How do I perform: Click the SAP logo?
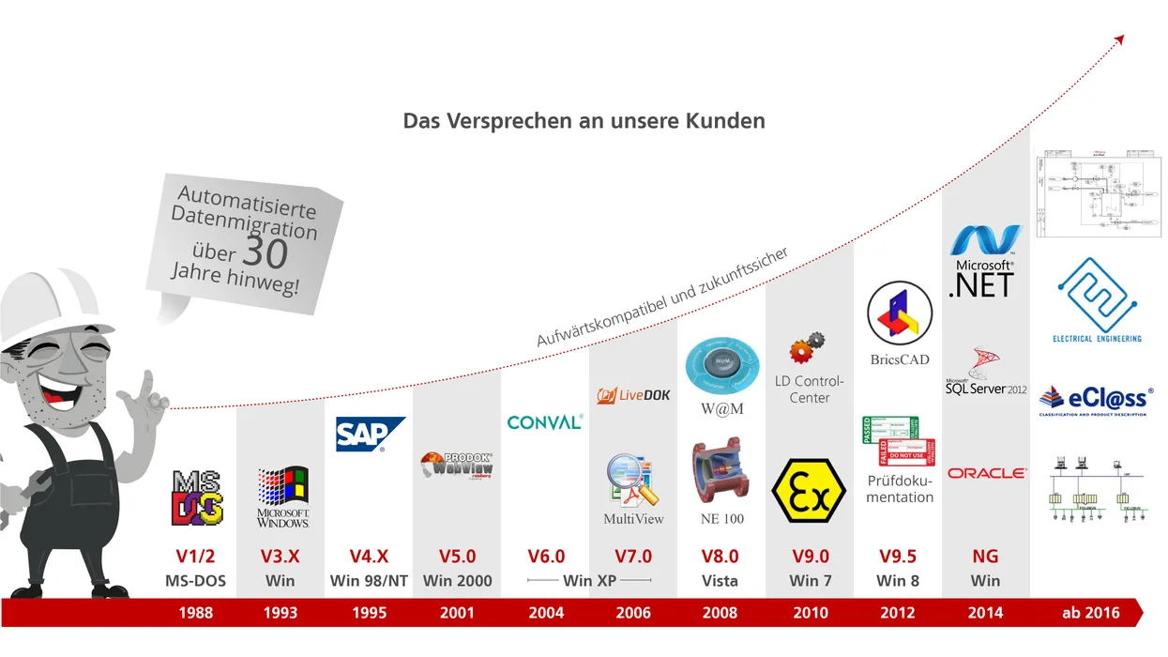[370, 435]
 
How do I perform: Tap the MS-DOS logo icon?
[197, 497]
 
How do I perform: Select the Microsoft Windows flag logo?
[282, 487]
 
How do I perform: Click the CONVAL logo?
[544, 422]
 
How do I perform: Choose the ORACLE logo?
[986, 473]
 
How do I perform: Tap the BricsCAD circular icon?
[899, 314]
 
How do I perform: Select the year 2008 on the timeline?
[721, 613]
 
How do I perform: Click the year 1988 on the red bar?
[195, 613]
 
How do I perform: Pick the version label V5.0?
[457, 557]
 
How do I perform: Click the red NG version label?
[985, 557]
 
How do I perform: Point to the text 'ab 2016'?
[1090, 613]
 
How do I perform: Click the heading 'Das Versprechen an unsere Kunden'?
[584, 121]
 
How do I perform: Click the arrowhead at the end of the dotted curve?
[1118, 39]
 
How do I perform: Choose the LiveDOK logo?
[633, 395]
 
